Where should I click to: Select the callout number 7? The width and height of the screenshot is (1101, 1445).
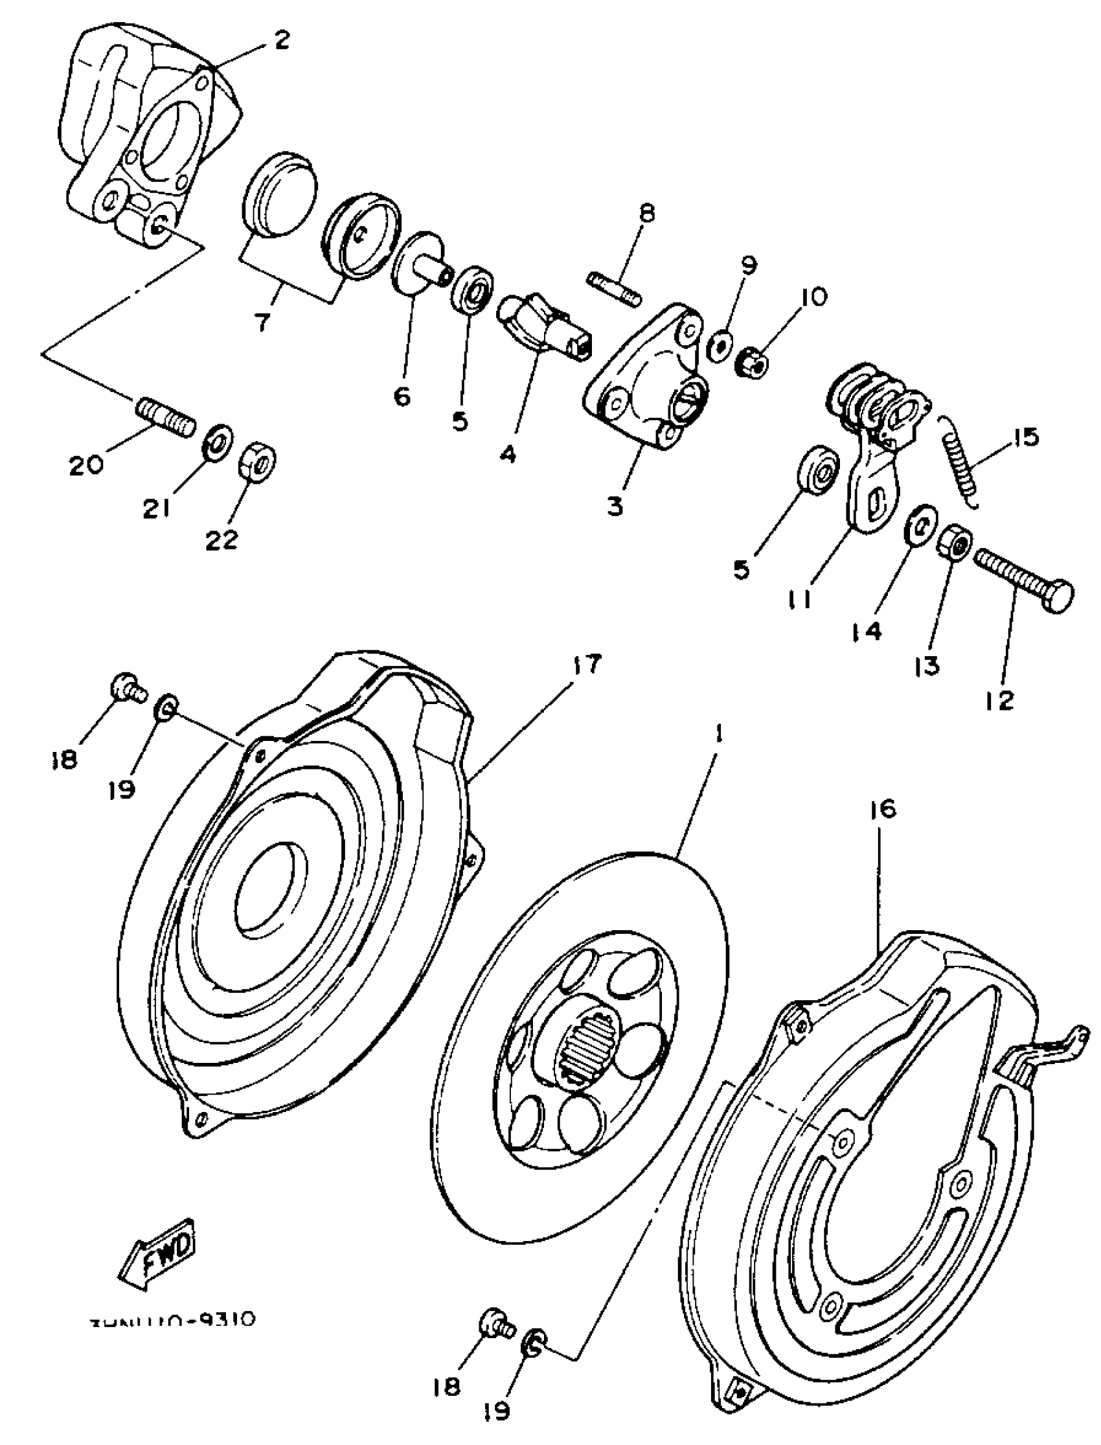tap(262, 322)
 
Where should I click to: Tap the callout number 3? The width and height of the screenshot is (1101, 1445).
tap(615, 506)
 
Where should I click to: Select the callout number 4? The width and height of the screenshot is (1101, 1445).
tap(507, 454)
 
